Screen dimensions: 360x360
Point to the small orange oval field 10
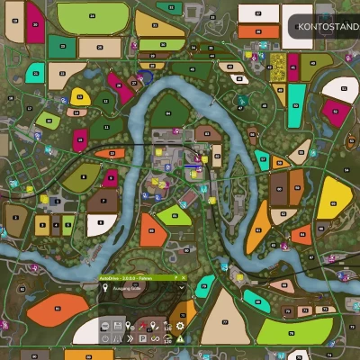click(x=111, y=153)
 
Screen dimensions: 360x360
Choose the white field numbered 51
click(x=340, y=89)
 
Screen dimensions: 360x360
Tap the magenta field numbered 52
click(x=337, y=113)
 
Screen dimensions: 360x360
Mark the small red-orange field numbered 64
click(x=301, y=235)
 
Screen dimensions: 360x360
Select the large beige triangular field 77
click(x=222, y=315)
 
